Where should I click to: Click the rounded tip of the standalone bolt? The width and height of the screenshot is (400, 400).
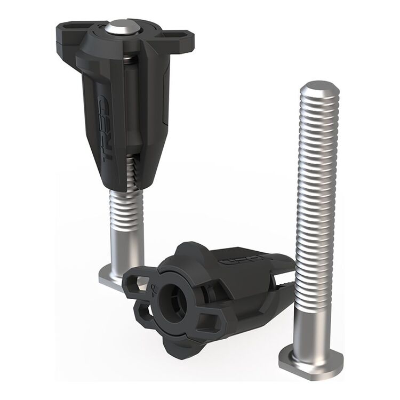pos(320,89)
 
